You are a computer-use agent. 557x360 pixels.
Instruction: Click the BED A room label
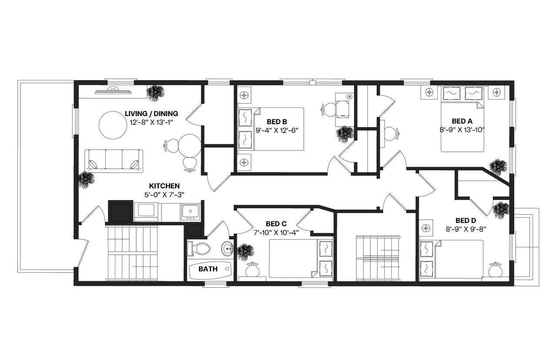[x=462, y=121]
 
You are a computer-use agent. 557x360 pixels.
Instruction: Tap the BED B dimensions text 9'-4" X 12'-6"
[x=277, y=130]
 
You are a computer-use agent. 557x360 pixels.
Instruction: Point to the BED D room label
[x=466, y=220]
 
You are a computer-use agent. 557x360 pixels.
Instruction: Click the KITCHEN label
[x=164, y=186]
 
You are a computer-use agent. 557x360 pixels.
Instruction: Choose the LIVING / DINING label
[x=151, y=114]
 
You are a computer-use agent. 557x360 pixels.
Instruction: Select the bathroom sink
[x=227, y=249]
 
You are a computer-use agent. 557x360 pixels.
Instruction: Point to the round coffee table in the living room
[x=113, y=125]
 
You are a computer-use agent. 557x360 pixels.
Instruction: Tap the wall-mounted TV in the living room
[x=113, y=91]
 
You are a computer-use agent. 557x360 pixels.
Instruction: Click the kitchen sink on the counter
[x=190, y=212]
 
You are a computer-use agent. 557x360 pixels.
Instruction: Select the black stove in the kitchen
[x=120, y=212]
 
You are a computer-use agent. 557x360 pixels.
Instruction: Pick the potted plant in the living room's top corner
[x=155, y=93]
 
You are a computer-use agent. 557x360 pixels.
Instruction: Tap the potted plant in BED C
[x=245, y=252]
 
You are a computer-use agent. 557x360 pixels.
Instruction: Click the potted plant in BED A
[x=498, y=167]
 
